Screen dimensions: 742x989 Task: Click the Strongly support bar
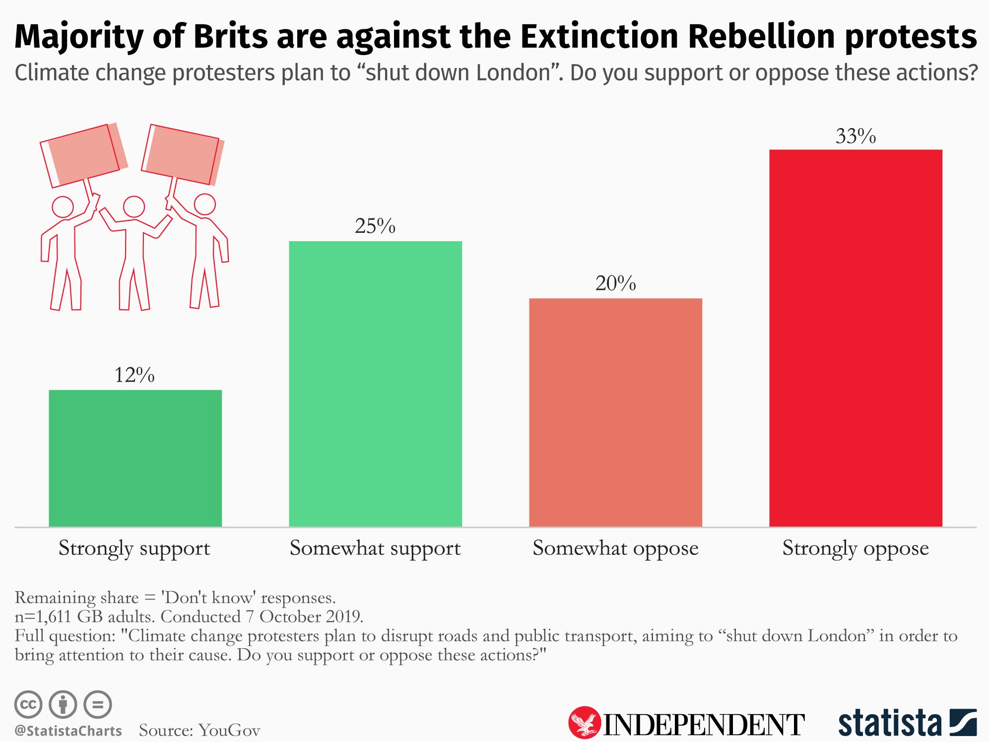135,458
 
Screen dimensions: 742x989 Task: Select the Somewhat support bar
375,383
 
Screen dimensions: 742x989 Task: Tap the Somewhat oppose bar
615,412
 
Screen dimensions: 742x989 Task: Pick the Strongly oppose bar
856,337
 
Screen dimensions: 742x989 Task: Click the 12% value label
134,375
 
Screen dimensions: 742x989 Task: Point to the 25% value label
375,226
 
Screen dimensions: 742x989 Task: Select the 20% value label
615,283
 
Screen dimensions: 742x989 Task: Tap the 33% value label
856,136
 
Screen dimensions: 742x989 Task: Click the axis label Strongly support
134,548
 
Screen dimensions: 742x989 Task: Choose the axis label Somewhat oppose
615,548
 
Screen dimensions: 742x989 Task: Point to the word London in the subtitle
514,73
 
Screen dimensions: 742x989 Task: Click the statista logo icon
963,723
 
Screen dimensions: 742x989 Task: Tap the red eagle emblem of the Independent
585,722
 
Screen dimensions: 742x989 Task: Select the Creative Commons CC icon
28,704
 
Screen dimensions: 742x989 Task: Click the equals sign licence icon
98,704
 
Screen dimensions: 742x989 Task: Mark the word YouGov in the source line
229,730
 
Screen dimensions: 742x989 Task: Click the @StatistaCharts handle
68,731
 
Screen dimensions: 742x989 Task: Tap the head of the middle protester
134,206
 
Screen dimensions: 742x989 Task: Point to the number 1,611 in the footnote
54,616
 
